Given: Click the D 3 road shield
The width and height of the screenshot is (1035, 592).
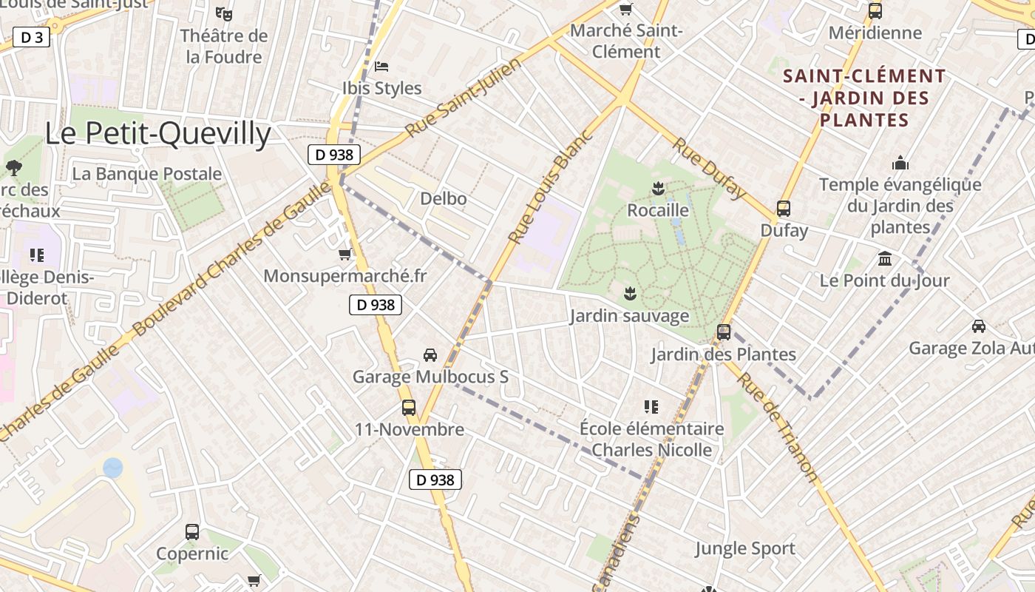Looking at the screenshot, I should click(31, 37).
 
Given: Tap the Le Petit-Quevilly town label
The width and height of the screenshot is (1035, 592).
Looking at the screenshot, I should click(158, 134).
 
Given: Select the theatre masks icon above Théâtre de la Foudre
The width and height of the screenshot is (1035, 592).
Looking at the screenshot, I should click(223, 13).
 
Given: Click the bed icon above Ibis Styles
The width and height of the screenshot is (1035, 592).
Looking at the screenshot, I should click(381, 67).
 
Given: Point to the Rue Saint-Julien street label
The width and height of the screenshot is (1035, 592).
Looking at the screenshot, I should click(463, 98).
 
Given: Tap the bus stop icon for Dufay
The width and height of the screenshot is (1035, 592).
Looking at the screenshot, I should click(784, 209).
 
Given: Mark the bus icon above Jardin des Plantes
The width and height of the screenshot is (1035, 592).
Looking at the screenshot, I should click(724, 332).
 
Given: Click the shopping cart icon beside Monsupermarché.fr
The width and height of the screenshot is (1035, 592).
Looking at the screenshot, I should click(345, 255).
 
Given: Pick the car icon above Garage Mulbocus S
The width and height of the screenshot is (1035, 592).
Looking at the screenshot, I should click(430, 355).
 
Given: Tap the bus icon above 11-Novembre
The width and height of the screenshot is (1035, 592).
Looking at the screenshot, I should click(409, 408).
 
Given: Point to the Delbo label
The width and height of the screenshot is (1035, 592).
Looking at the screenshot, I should click(444, 198).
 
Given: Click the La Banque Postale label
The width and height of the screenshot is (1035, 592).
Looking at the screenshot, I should click(147, 174).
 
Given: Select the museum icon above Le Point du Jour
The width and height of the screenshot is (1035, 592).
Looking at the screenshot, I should click(884, 259).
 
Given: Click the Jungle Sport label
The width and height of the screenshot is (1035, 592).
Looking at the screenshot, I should click(744, 548).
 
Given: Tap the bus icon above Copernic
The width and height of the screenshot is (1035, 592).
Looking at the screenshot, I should click(192, 531).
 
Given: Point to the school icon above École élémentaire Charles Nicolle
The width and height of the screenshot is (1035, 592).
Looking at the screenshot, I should click(651, 406).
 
